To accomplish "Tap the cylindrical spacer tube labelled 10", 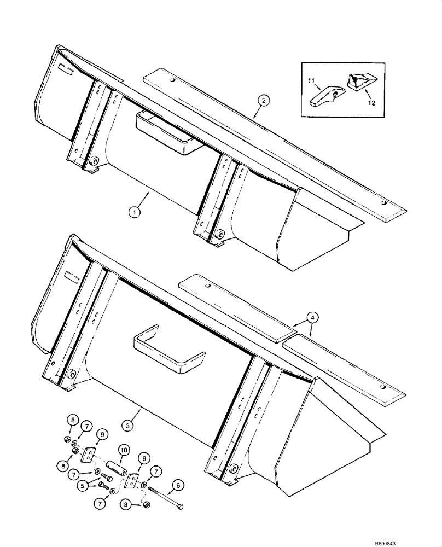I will (117, 468).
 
